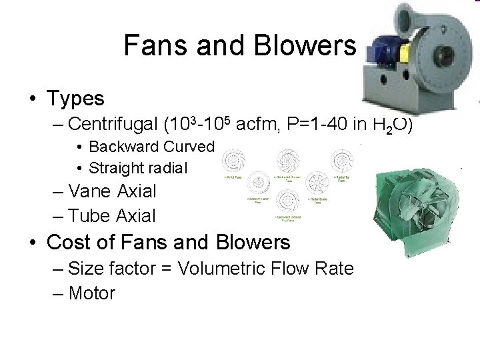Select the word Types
(75, 99)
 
